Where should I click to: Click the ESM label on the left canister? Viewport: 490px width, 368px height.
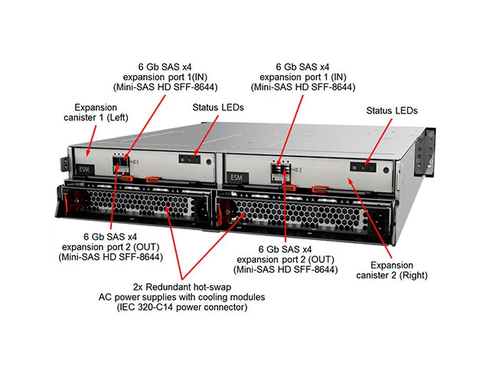(x=84, y=169)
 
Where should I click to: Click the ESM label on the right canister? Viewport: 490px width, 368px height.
(x=237, y=178)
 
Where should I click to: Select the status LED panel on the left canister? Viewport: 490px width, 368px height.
(x=189, y=159)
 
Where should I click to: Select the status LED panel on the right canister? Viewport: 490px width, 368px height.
(x=363, y=167)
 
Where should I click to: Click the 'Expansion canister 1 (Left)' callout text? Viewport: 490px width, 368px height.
(x=96, y=113)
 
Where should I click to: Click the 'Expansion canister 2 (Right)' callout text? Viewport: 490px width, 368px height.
(x=392, y=270)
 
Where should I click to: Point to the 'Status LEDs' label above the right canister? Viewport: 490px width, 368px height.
(x=392, y=110)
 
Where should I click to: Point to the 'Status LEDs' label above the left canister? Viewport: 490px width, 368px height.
(x=218, y=107)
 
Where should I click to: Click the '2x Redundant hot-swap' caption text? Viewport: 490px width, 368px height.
(x=182, y=287)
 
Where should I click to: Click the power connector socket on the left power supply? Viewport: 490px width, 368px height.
(x=202, y=208)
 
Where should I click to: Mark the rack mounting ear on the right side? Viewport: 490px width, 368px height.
(x=425, y=152)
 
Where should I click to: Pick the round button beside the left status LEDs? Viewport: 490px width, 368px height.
(x=209, y=162)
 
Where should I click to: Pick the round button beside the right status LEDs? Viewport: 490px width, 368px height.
(x=386, y=170)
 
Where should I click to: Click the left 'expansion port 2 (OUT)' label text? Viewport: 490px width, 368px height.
(x=110, y=247)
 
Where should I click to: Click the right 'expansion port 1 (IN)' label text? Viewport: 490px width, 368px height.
(x=303, y=77)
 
